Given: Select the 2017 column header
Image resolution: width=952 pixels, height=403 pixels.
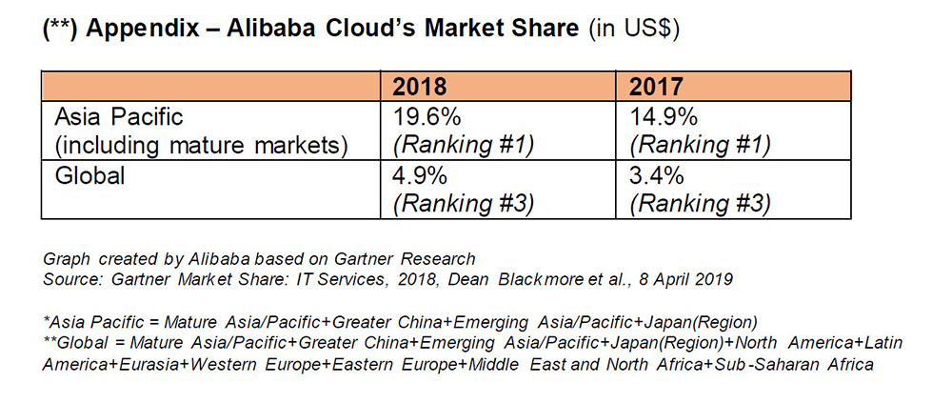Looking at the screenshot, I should pos(657,87).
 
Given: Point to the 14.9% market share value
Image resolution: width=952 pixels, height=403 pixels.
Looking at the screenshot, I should pos(664,118).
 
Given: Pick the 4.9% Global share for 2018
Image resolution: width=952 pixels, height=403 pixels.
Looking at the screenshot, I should pos(419,177).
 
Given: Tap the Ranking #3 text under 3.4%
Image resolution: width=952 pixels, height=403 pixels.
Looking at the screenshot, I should pos(700,203).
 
